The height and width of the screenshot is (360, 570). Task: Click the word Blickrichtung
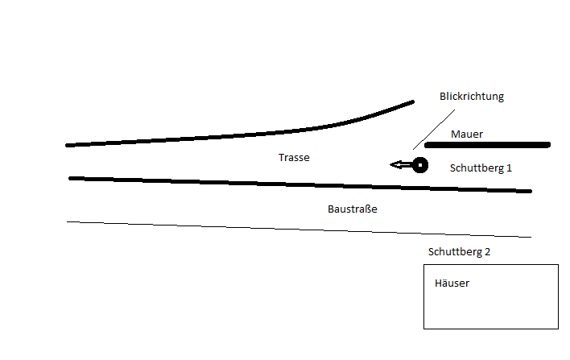tap(471, 96)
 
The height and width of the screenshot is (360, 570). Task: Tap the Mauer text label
tap(467, 134)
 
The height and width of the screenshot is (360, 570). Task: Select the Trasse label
tap(294, 158)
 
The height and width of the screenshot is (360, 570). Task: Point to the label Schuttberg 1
tap(481, 168)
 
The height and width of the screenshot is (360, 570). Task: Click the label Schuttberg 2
tap(459, 252)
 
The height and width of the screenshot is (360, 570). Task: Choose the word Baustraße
tap(353, 209)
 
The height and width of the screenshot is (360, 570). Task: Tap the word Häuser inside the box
tap(452, 283)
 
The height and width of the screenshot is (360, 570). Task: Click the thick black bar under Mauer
tap(487, 145)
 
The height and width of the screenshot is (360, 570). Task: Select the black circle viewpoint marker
tap(419, 165)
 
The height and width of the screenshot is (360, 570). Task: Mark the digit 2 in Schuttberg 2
tap(487, 252)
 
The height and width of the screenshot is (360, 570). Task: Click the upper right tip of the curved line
tap(412, 102)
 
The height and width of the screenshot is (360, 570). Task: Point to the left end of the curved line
tap(68, 145)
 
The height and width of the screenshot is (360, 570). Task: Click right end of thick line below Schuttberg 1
tap(530, 191)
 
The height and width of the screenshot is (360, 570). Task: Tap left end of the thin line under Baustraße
tap(68, 221)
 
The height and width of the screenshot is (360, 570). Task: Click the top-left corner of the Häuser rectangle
tap(424, 264)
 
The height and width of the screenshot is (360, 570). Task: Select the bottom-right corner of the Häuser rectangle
tap(558, 329)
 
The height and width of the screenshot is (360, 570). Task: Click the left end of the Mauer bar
tap(427, 145)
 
